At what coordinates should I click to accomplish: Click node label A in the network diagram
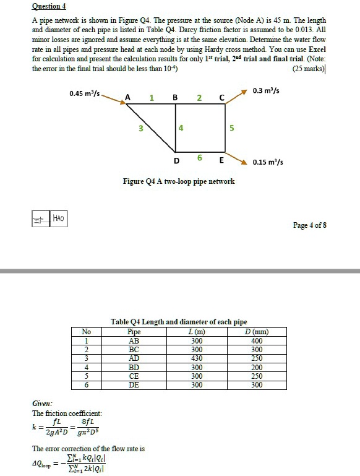point(127,97)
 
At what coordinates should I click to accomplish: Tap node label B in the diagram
point(175,97)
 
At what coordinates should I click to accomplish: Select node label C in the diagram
point(221,97)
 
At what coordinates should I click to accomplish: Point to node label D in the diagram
point(176,160)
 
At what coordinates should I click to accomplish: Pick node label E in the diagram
point(221,160)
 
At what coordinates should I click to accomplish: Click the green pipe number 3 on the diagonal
point(140,129)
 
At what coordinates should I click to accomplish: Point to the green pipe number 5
point(231,129)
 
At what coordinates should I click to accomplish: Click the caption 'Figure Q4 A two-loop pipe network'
point(179,181)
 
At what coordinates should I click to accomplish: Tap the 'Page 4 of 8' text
point(310,225)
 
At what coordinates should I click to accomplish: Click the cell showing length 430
point(196,358)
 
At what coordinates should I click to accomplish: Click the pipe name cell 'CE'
point(133,376)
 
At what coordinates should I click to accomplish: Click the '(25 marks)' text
point(309,68)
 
